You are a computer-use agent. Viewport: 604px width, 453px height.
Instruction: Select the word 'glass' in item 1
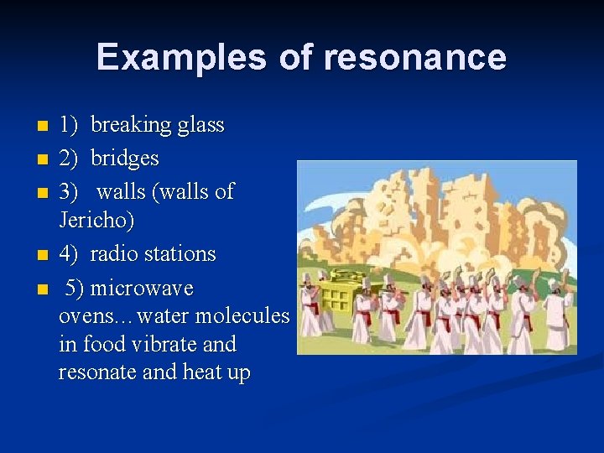pos(200,125)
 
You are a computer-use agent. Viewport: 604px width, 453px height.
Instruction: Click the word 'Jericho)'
pos(96,221)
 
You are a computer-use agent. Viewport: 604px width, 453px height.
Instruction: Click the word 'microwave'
pos(142,289)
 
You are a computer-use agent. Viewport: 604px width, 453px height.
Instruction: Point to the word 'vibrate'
pos(168,345)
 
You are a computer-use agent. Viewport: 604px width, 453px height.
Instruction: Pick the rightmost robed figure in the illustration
pos(558,315)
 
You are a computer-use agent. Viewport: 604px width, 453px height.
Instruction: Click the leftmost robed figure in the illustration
pos(311,306)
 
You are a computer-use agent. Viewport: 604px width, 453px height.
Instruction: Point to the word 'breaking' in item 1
pos(129,125)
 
